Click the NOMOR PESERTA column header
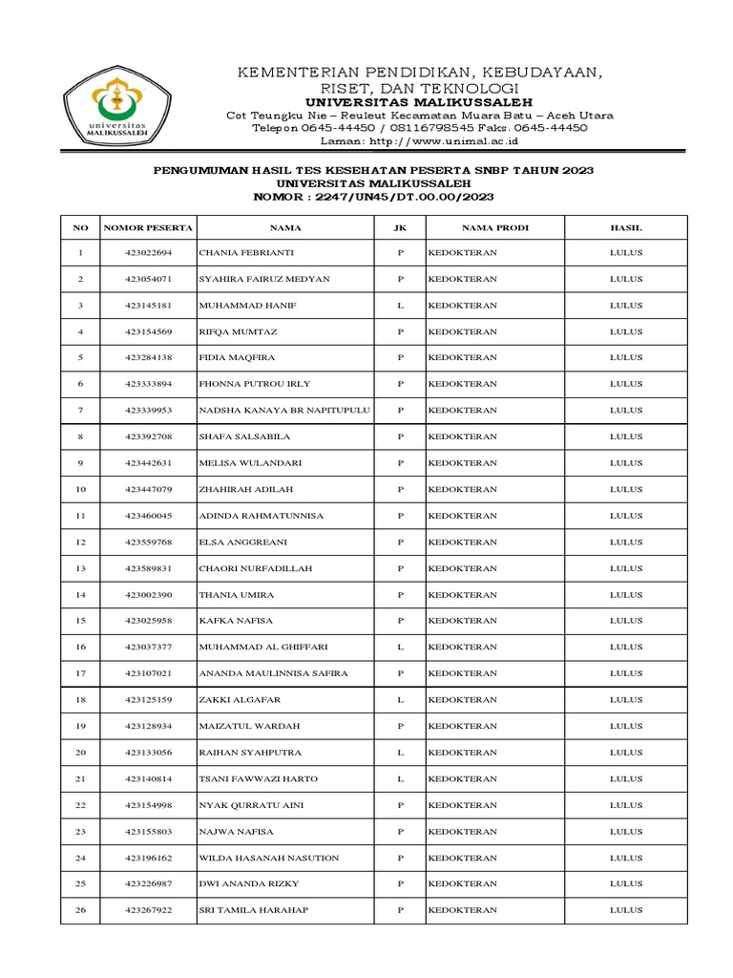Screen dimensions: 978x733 (x=148, y=228)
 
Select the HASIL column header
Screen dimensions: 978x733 (x=626, y=228)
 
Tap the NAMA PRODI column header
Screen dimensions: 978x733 (x=495, y=228)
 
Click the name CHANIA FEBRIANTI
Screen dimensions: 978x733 (x=246, y=253)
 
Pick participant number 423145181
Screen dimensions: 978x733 (x=148, y=306)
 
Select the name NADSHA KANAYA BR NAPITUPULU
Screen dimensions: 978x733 (x=284, y=411)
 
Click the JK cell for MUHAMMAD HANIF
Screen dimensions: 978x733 (x=401, y=306)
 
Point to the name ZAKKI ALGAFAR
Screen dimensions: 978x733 (x=240, y=700)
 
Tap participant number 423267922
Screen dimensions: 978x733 (x=148, y=910)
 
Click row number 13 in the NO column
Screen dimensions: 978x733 (x=81, y=568)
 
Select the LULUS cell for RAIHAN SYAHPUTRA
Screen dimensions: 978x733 (x=626, y=753)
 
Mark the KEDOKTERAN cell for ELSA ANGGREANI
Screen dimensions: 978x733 (x=463, y=542)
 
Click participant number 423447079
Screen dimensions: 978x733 (x=148, y=490)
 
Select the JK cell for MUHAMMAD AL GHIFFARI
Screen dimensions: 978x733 (x=401, y=648)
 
